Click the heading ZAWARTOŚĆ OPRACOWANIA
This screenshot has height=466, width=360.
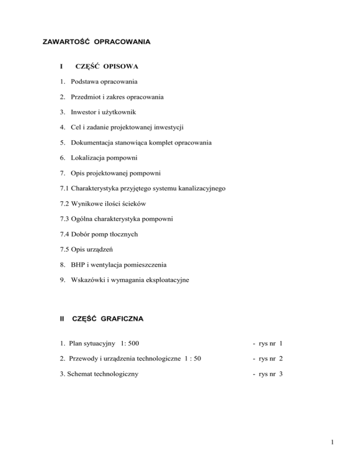pyautogui.click(x=97, y=42)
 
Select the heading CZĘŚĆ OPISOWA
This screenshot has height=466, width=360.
pyautogui.click(x=106, y=67)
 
